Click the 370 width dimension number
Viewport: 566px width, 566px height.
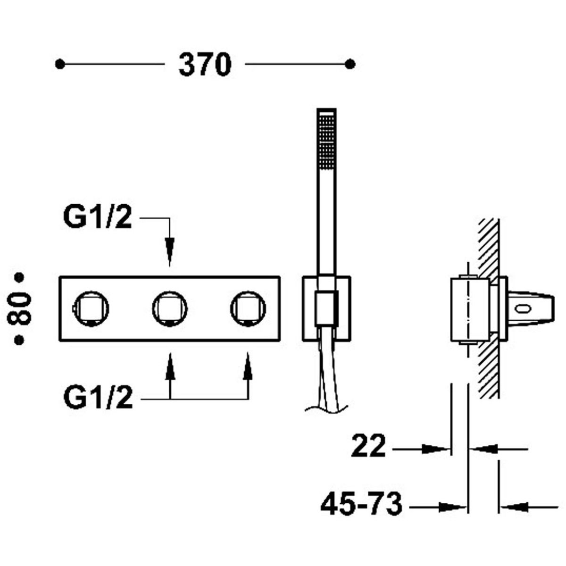click(205, 65)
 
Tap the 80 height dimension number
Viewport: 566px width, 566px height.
click(20, 309)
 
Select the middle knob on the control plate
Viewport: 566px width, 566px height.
click(170, 309)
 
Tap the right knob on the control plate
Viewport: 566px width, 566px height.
click(248, 309)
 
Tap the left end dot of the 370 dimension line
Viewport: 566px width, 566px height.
click(60, 64)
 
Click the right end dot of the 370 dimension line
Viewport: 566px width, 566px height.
click(350, 64)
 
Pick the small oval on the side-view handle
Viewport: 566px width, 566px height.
click(524, 308)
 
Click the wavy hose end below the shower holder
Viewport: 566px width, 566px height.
click(326, 408)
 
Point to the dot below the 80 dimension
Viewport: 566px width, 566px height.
click(19, 340)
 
